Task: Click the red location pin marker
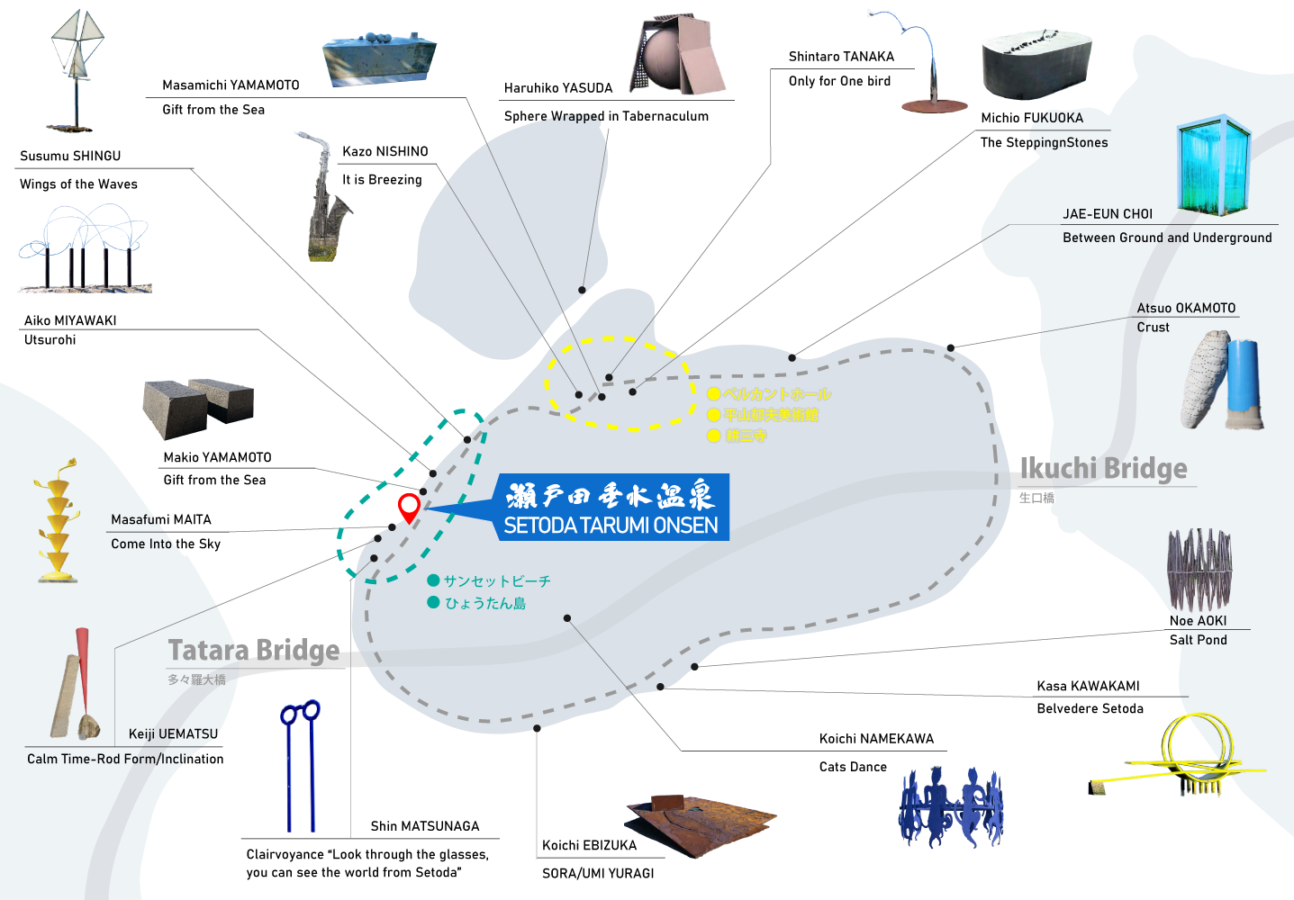coord(409,506)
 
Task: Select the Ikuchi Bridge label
coord(1103,469)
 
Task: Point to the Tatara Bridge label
coord(254,651)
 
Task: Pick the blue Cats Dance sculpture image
coord(951,805)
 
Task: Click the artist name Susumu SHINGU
coord(70,156)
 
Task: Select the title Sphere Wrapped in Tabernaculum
coord(606,116)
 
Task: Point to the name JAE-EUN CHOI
coord(1108,214)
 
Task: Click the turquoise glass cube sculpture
coord(1214,166)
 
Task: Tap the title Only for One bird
coord(839,81)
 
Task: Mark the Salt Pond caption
coord(1198,640)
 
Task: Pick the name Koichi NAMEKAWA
coord(876,739)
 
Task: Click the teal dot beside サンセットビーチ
coord(433,580)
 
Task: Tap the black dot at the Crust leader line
coord(950,347)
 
